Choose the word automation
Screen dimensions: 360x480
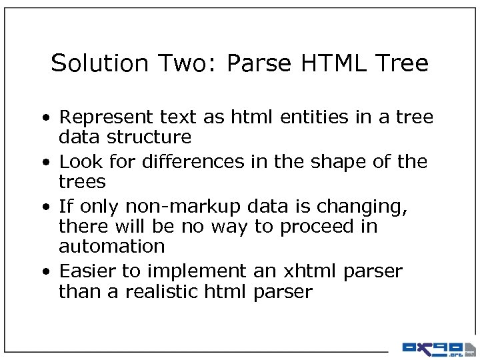point(111,246)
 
